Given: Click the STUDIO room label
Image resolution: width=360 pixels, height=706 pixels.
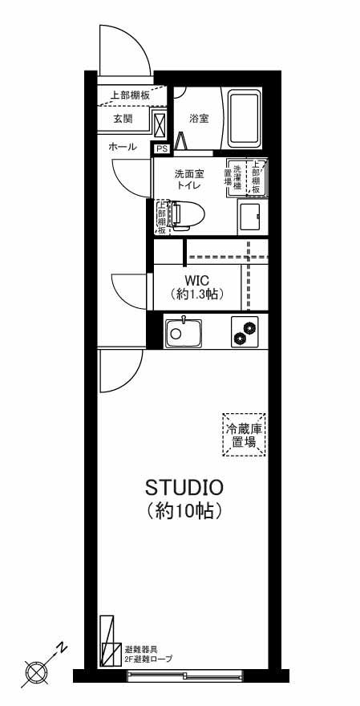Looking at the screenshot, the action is pos(184,487).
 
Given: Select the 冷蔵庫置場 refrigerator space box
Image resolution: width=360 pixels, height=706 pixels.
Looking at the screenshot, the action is pos(244,436).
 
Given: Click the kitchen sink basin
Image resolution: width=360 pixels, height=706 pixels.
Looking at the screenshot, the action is pos(183,332).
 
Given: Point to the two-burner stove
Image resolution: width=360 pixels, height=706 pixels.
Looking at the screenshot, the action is pos(245,332).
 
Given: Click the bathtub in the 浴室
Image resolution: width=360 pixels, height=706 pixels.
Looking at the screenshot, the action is pos(245,119).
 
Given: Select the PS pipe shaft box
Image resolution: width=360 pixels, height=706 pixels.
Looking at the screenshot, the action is pos(160,148).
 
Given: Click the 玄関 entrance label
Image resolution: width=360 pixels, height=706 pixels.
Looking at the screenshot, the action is pos(123,119).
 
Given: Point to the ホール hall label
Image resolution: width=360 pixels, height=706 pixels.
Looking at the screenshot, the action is pos(123,147).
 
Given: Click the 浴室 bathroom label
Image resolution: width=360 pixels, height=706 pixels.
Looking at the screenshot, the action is pos(199,119).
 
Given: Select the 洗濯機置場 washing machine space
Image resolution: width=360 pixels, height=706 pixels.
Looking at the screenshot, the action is pos(234,176).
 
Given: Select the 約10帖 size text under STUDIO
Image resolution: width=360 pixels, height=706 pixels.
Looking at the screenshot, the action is pos(184,510).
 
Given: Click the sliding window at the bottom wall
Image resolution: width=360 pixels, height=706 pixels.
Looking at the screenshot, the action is pos(184,676).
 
